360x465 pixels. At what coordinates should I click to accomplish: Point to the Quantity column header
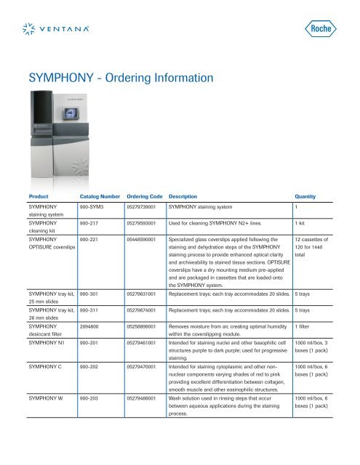click(x=309, y=196)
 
